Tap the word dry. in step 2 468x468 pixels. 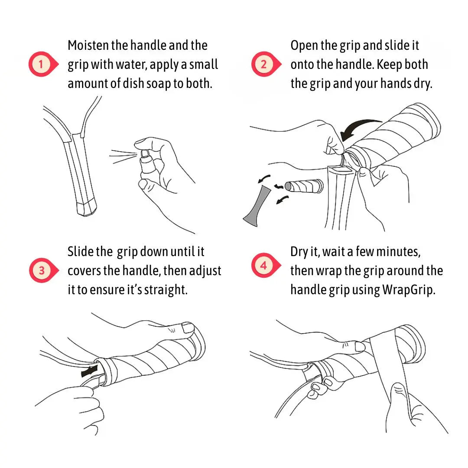coord(422,84)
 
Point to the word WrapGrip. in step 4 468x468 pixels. coord(409,290)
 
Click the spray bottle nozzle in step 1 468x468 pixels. coord(145,154)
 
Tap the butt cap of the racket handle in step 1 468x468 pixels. coord(87,208)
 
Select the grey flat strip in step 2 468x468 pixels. coord(257,206)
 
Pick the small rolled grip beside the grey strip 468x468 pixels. coord(304,186)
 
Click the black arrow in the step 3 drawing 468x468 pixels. coord(90,371)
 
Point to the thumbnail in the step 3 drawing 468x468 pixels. coord(188,328)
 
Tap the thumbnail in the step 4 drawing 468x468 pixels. coord(360,347)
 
